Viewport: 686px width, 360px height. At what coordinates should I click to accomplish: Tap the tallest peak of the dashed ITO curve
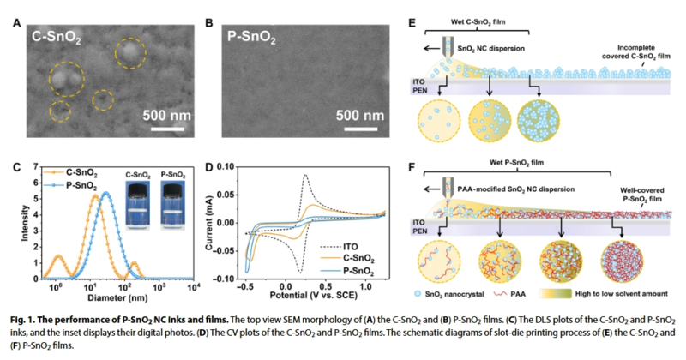305,176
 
